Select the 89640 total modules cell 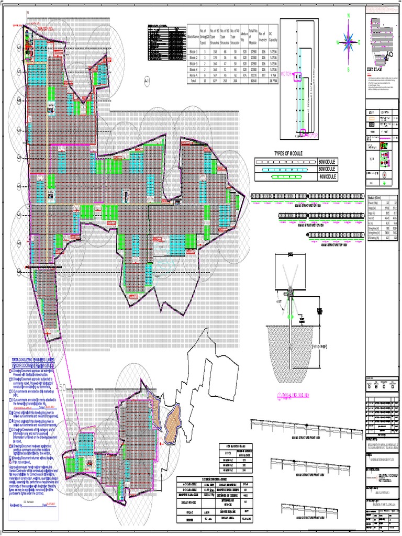pos(253,82)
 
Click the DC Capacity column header pos(273,38)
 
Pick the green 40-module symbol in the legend pos(286,177)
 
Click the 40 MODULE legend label pos(328,177)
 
